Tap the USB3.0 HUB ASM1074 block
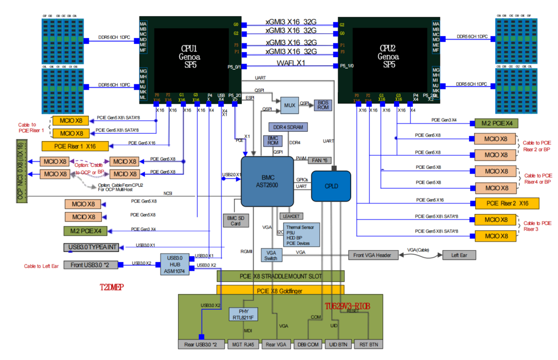click(x=175, y=264)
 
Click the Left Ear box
click(x=458, y=255)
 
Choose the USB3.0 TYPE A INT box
click(x=91, y=247)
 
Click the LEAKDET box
click(x=292, y=216)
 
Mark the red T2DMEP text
click(x=112, y=288)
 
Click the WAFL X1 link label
click(x=291, y=63)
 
